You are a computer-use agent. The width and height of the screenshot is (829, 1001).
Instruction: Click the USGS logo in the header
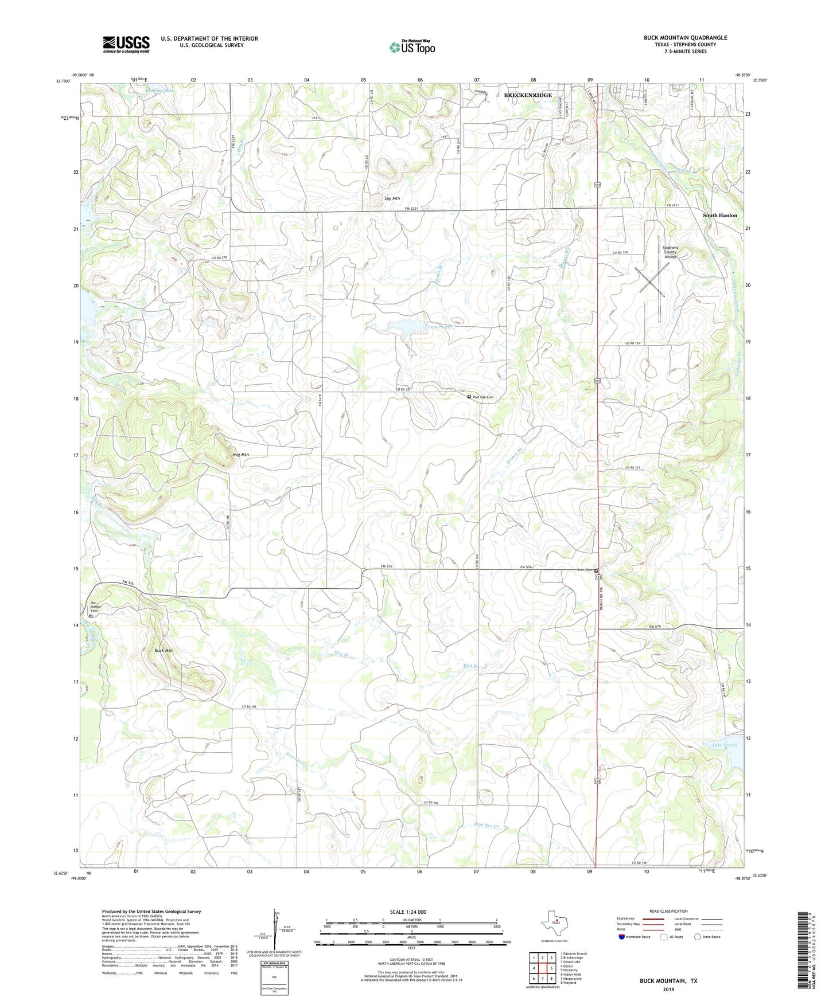(x=126, y=44)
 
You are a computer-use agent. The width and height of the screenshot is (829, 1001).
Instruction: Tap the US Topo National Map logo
(x=412, y=46)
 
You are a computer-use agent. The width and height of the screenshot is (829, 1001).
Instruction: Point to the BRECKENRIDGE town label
(x=527, y=95)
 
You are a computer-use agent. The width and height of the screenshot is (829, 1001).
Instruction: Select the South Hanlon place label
(x=720, y=216)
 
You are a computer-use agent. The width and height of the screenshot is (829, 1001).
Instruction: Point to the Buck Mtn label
(x=164, y=651)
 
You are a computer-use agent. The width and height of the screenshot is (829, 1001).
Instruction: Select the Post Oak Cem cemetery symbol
(x=469, y=397)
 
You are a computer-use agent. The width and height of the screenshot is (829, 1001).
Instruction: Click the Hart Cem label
(x=584, y=570)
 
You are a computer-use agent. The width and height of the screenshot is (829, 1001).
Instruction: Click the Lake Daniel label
(x=724, y=745)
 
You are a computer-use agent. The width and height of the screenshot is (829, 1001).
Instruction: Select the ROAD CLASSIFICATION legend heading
(x=668, y=911)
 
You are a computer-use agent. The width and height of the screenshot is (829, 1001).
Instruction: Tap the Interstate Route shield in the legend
(x=622, y=937)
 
